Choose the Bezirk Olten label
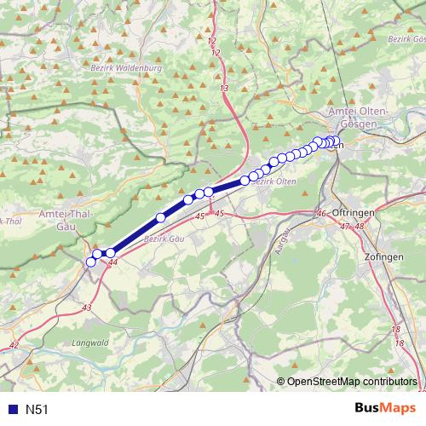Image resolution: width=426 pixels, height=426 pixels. click(274, 181)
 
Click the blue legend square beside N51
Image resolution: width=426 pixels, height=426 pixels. click(10, 410)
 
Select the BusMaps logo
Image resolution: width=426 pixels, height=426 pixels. click(385, 409)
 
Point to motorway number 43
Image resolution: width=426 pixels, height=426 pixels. click(87, 307)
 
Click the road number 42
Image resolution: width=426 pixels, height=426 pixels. click(14, 345)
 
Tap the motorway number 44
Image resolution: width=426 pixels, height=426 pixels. click(113, 264)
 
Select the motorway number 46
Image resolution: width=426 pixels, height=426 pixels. click(321, 213)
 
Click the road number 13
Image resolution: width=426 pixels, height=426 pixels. click(223, 89)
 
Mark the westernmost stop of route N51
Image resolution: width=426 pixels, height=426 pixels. click(91, 262)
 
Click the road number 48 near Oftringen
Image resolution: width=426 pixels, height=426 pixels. click(359, 226)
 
